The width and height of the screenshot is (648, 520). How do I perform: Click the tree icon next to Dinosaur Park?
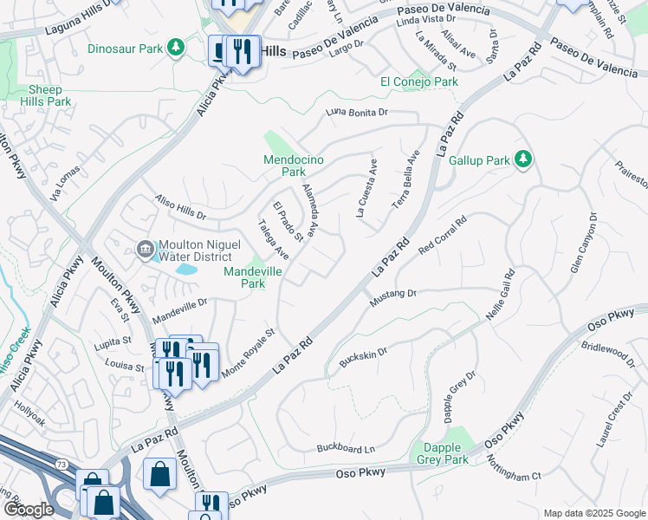point(177,46)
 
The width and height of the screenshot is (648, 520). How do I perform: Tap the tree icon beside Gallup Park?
point(522,159)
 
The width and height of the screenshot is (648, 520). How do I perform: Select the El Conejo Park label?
point(419,81)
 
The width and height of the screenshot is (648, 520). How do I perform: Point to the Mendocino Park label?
point(285,165)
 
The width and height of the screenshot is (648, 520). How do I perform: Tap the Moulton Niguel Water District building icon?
point(145,250)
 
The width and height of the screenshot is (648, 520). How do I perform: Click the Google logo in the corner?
point(28,509)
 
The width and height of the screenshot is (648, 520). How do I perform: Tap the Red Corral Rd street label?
point(443,234)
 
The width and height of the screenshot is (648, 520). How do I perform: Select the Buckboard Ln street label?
point(346,448)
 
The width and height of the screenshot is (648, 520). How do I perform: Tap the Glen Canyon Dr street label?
point(583,244)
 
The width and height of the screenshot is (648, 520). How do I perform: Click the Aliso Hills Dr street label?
point(180,207)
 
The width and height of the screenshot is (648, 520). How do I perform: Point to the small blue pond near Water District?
point(186,270)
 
